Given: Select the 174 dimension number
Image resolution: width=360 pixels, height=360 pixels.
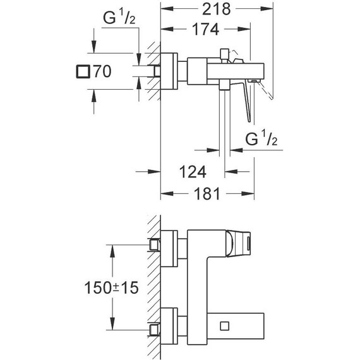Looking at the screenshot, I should pos(206,30).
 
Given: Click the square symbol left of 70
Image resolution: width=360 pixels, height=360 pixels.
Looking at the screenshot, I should pos(81,71).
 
